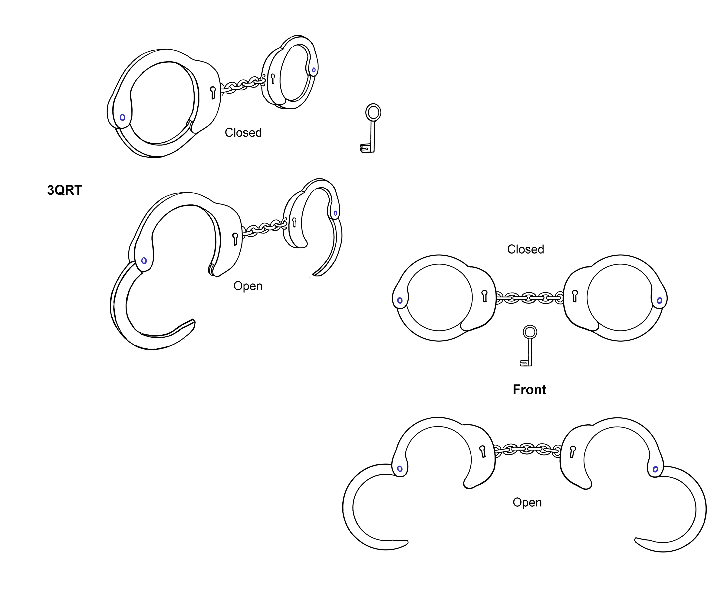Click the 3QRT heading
[x=65, y=190]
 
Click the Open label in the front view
[x=527, y=502]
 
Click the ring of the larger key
[x=373, y=112]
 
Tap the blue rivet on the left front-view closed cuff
[x=400, y=300]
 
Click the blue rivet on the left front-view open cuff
[x=400, y=469]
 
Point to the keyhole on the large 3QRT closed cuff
[x=213, y=92]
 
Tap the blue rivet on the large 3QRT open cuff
[x=144, y=261]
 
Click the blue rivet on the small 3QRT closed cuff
[x=314, y=70]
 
